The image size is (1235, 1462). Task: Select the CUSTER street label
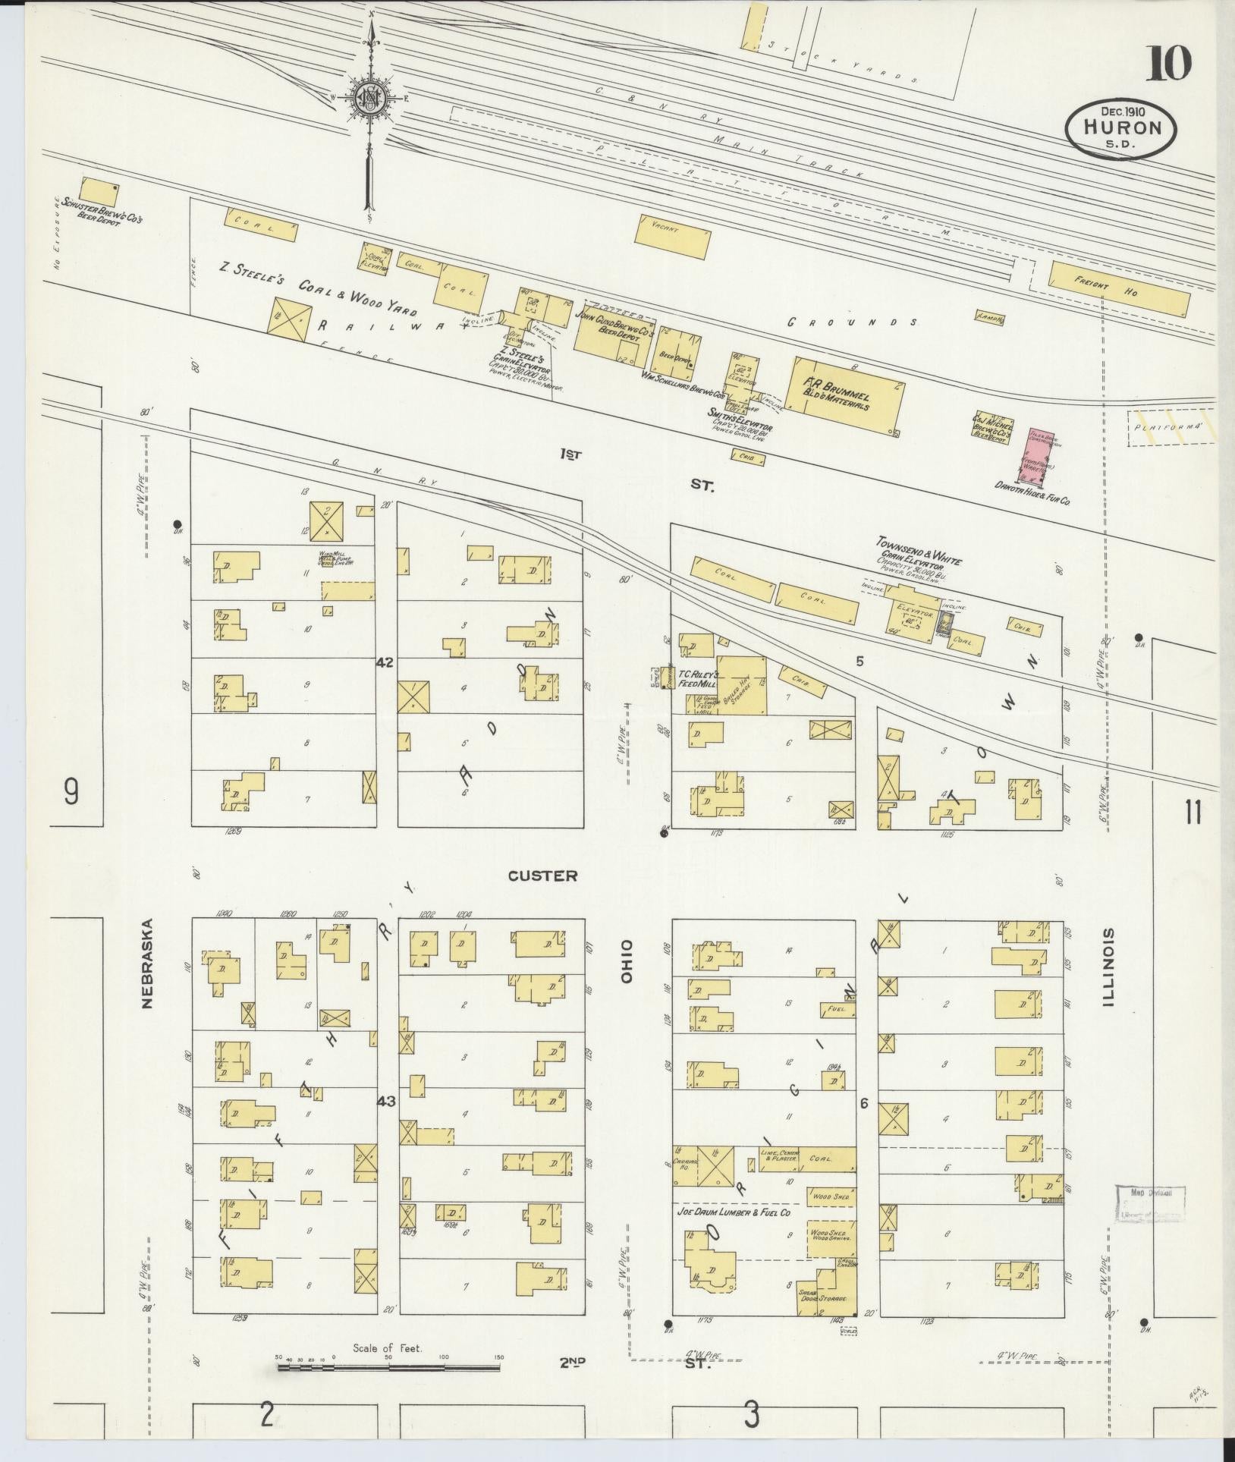[x=542, y=876]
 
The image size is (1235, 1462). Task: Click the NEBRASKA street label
[x=146, y=964]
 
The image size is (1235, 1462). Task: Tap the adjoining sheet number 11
[x=1192, y=813]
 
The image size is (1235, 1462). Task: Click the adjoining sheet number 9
[x=71, y=793]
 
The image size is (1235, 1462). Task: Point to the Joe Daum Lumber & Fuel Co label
[x=734, y=1213]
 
